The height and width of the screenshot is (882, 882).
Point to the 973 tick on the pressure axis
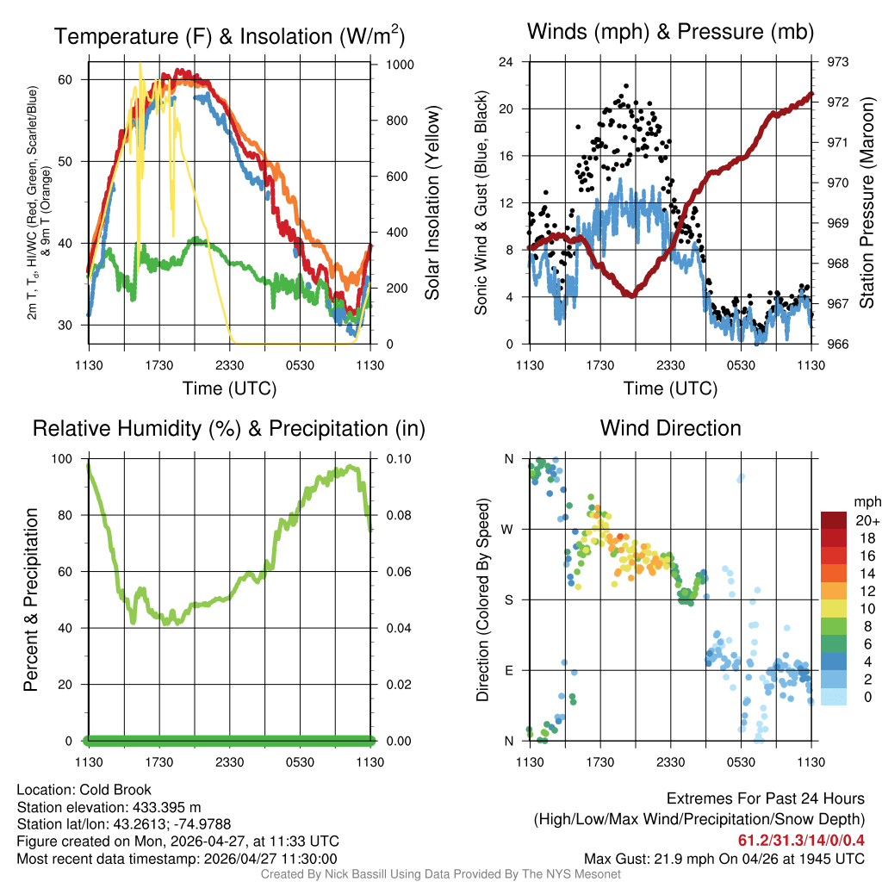pos(839,62)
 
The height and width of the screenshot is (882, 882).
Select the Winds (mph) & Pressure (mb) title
pos(670,32)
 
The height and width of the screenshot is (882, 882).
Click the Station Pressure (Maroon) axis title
pos(867,203)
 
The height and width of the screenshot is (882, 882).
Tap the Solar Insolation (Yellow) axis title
pos(432,203)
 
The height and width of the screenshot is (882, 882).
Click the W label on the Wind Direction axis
pos(509,529)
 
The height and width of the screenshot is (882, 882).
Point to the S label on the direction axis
pos(509,599)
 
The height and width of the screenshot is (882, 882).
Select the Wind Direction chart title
pos(670,428)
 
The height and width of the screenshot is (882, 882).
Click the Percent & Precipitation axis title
pos(30,599)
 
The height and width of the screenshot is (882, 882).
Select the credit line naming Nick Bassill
pos(441,874)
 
